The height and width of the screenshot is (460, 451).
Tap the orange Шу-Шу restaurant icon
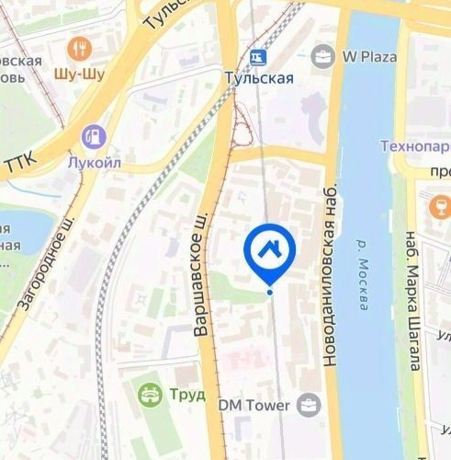pyautogui.click(x=80, y=48)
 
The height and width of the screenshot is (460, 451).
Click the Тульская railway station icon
pyautogui.click(x=259, y=57)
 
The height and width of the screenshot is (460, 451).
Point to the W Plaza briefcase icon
pyautogui.click(x=322, y=57)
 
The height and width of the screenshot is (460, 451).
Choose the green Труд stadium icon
pyautogui.click(x=147, y=396)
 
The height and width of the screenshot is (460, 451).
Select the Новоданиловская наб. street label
pyautogui.click(x=331, y=274)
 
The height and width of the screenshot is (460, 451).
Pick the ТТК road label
pyautogui.click(x=18, y=166)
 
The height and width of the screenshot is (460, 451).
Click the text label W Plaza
pyautogui.click(x=369, y=57)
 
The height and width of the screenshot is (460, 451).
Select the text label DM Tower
pyautogui.click(x=254, y=405)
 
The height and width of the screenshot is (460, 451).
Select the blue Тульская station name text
pyautogui.click(x=259, y=78)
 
